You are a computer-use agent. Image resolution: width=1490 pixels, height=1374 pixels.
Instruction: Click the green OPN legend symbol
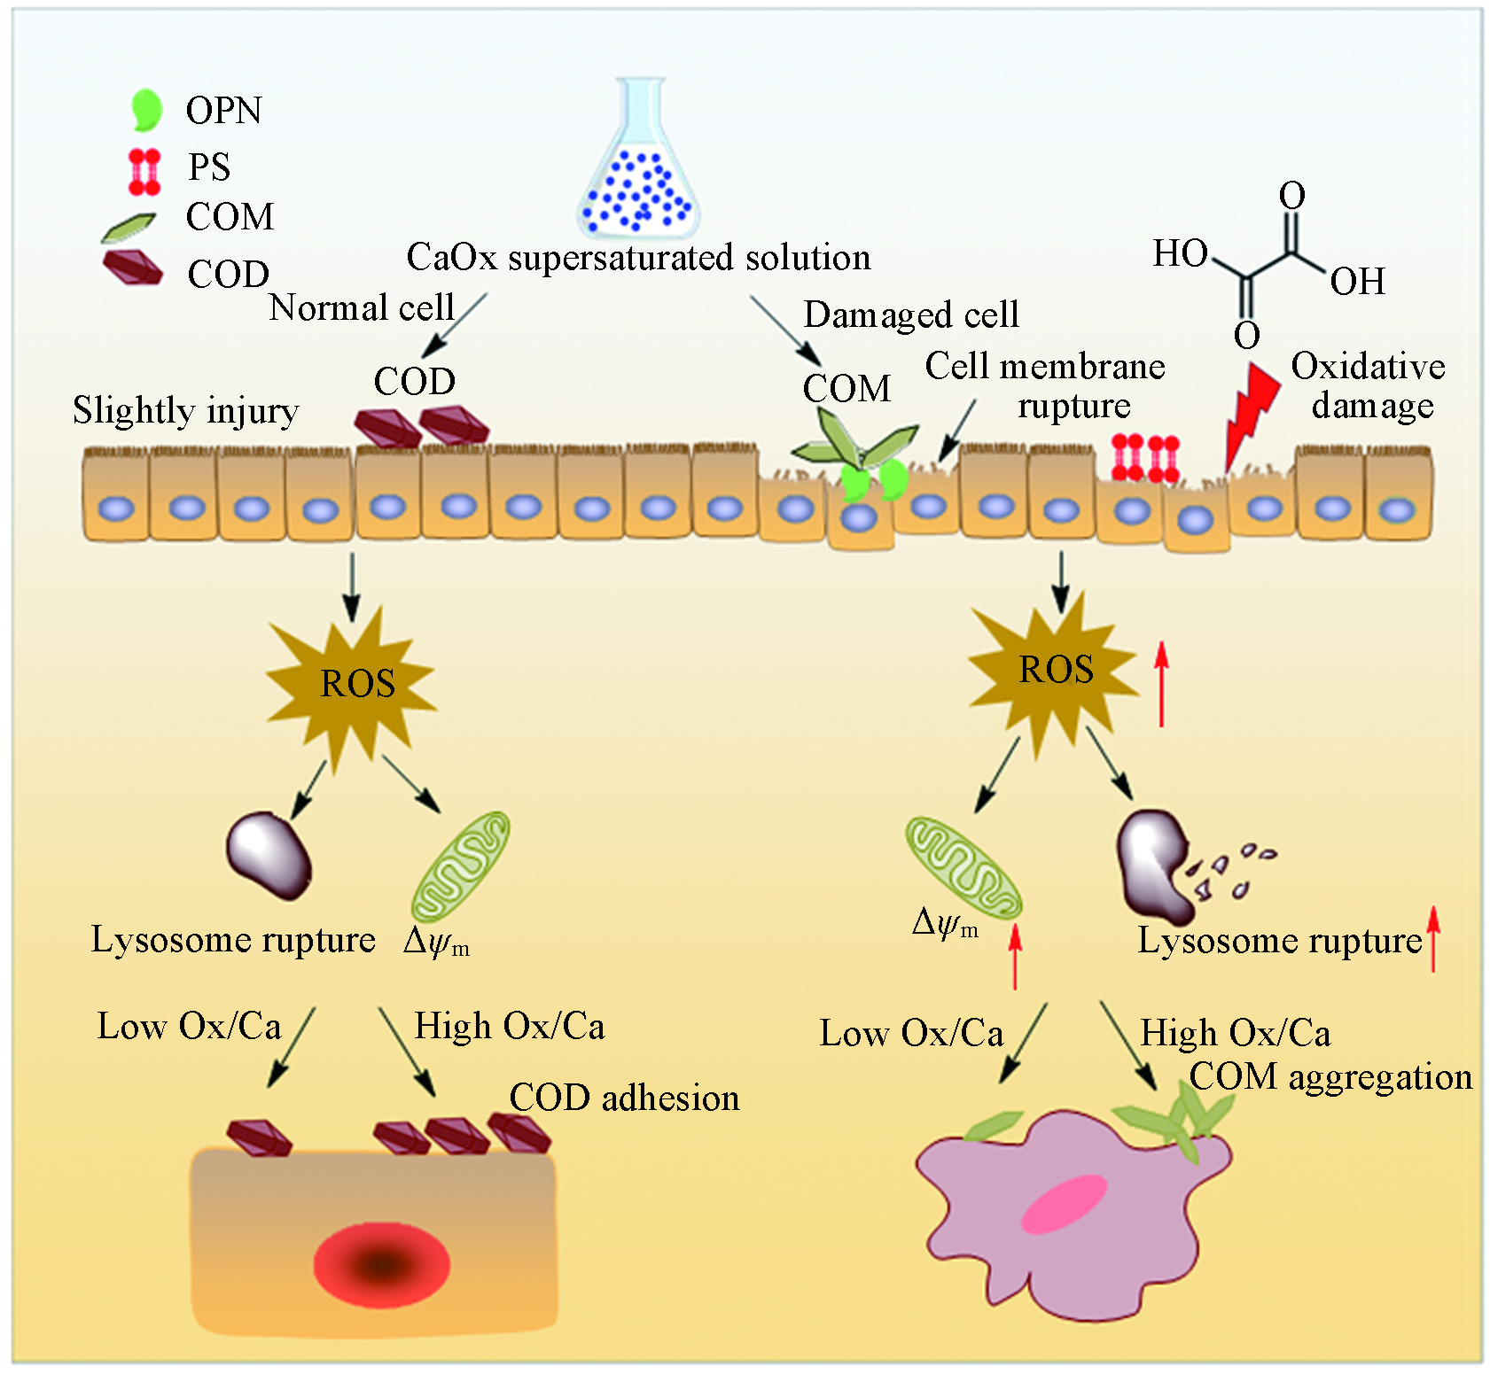pyautogui.click(x=147, y=110)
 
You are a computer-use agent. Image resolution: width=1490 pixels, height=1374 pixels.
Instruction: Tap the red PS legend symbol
pyautogui.click(x=144, y=171)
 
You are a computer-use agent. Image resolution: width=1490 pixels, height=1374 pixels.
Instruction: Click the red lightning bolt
pyautogui.click(x=1250, y=412)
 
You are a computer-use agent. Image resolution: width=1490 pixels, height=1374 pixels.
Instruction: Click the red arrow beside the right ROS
pyautogui.click(x=1161, y=685)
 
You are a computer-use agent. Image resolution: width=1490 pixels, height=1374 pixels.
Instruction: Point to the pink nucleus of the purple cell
pyautogui.click(x=1065, y=1204)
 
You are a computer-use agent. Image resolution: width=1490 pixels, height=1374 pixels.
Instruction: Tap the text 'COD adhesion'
pyautogui.click(x=624, y=1098)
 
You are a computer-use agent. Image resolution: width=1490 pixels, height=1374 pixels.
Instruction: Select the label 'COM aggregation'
pyautogui.click(x=1330, y=1077)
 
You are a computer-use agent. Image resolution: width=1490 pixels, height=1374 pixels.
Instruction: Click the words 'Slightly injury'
pyautogui.click(x=185, y=411)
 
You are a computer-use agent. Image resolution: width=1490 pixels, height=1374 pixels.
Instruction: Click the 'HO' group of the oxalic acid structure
pyautogui.click(x=1180, y=254)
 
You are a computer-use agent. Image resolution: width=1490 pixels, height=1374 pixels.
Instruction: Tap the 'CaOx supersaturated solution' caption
pyautogui.click(x=638, y=258)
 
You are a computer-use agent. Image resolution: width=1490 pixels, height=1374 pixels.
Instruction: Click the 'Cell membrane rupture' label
pyautogui.click(x=1045, y=386)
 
